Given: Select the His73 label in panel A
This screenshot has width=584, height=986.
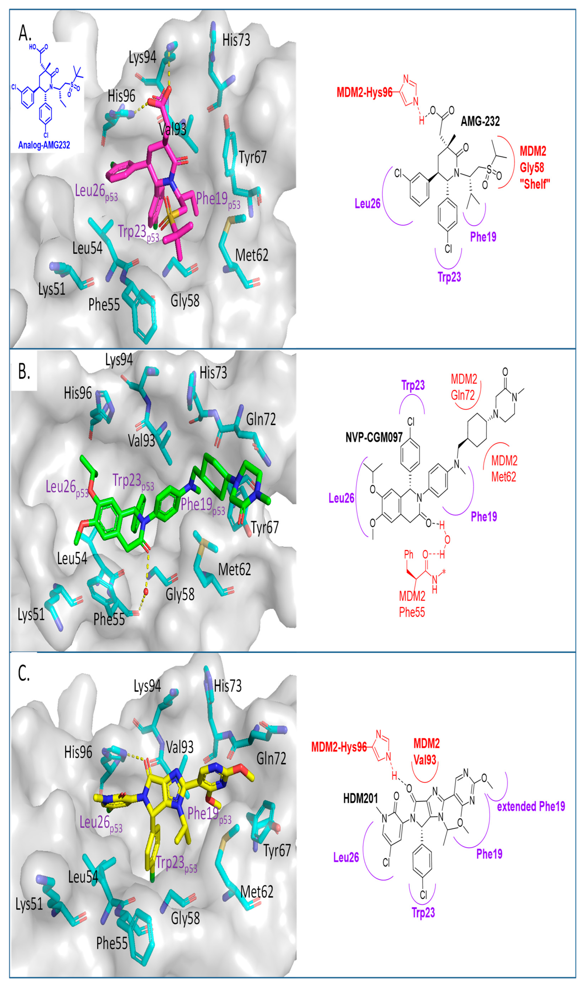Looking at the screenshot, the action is (x=236, y=40).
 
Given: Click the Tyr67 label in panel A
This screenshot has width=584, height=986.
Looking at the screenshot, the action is (x=253, y=157).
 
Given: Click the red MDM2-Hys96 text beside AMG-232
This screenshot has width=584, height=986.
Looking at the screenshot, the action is (x=364, y=92).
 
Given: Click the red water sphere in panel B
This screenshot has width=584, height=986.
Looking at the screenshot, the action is (x=146, y=591).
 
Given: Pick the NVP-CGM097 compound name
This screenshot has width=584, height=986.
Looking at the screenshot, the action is (x=374, y=437).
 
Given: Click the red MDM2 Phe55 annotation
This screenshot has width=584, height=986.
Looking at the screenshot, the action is (x=412, y=604).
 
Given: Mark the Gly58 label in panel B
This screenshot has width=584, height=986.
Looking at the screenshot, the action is (x=180, y=594).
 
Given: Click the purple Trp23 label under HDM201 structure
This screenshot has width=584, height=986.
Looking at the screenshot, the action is (x=423, y=912).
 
